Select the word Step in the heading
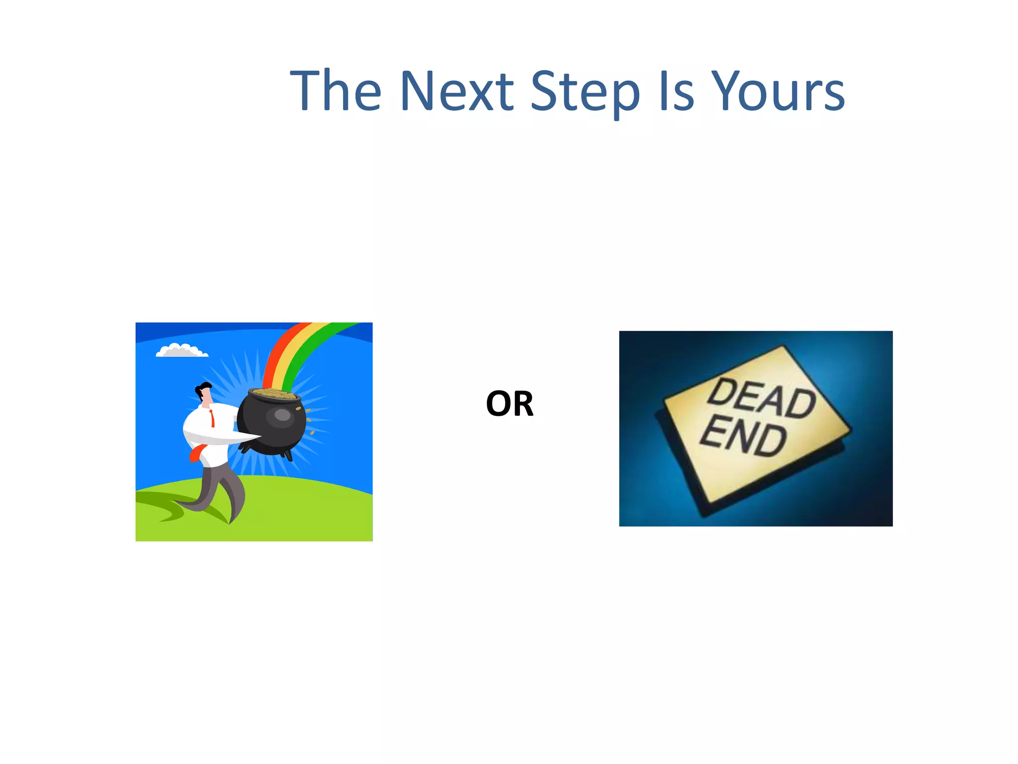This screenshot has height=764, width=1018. [585, 92]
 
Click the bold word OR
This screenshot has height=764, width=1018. [509, 404]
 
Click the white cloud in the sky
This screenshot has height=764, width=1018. [181, 351]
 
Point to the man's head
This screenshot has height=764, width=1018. [204, 392]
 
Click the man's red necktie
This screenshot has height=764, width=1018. [212, 417]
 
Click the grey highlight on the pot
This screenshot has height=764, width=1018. [282, 414]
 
